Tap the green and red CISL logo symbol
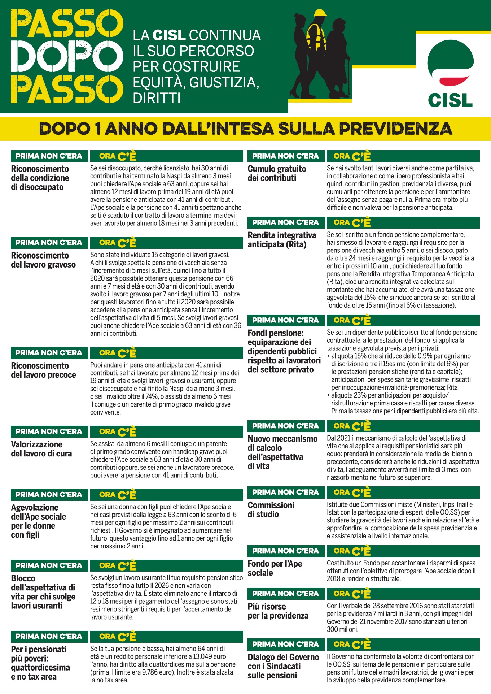450,63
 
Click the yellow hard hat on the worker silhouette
320,13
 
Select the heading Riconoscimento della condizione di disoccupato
40,178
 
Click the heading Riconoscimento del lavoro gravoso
43,260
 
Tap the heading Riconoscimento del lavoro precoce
43,370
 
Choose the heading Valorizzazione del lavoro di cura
41,449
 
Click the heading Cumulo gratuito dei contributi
277,173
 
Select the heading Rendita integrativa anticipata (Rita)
281,240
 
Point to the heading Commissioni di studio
271,509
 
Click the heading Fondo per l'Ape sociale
275,568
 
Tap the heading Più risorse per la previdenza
278,611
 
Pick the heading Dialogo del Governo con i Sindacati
283,666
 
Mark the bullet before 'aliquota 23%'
329,395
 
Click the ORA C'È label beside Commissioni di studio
352,493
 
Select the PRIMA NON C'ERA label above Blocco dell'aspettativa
49,565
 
